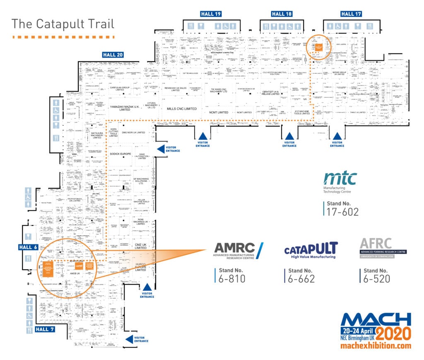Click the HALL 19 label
click(211, 14)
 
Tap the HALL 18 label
click(282, 14)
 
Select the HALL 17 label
click(351, 14)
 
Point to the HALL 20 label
click(113, 54)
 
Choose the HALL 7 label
click(44, 329)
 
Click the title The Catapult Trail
click(63, 24)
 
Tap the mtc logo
click(340, 179)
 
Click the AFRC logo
click(383, 248)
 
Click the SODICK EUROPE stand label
click(120, 153)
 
